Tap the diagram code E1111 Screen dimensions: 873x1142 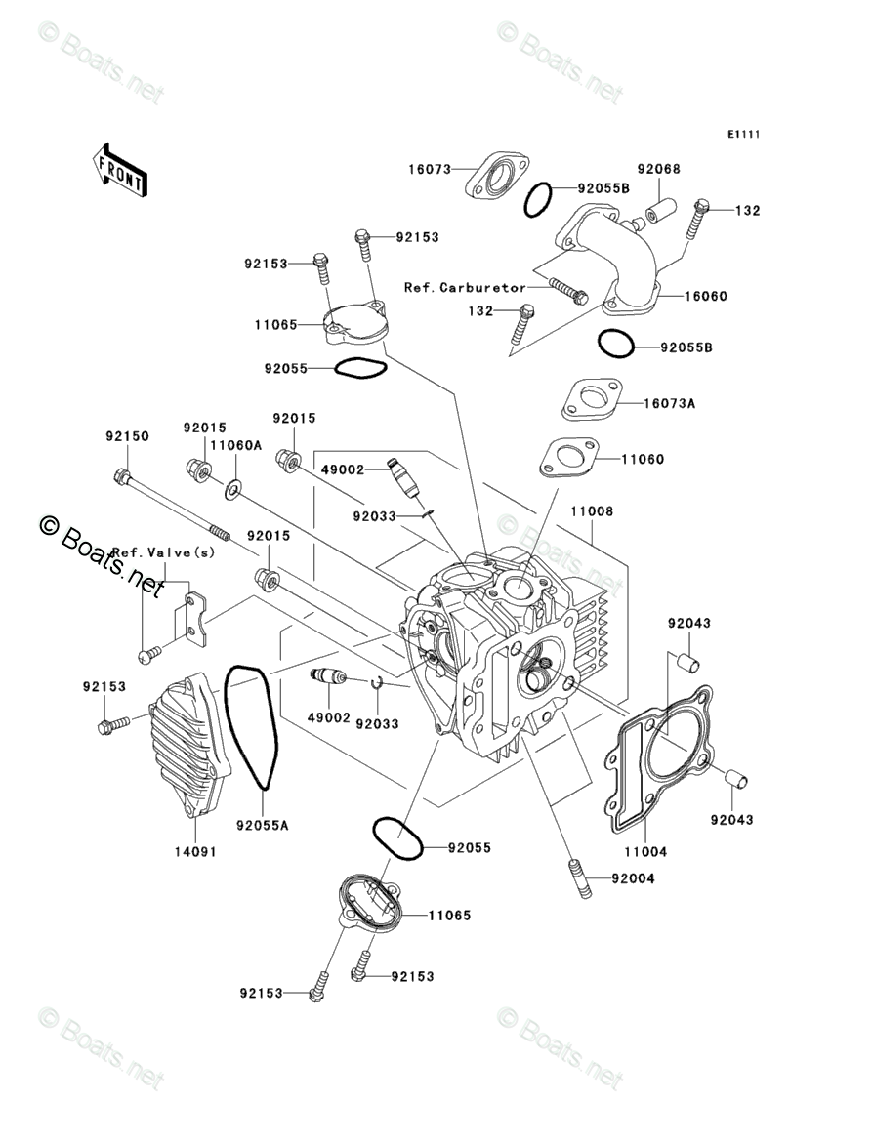click(x=743, y=134)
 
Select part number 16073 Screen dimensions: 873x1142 click(x=430, y=169)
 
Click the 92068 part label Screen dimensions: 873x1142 click(x=659, y=169)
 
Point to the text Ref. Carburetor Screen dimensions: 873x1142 click(x=465, y=288)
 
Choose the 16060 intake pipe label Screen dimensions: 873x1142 click(x=705, y=297)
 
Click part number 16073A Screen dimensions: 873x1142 click(x=669, y=403)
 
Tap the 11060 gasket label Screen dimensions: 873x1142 click(x=642, y=459)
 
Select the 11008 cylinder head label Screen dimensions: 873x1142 click(x=592, y=511)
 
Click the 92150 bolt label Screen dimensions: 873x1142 click(x=127, y=436)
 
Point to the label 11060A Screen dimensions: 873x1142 click(x=235, y=445)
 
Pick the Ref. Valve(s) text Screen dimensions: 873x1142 click(x=163, y=552)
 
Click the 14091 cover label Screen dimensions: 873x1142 click(x=194, y=851)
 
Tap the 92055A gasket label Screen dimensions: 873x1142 click(x=263, y=825)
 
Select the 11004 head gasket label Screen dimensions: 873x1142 click(x=644, y=851)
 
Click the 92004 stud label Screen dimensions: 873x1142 click(x=633, y=878)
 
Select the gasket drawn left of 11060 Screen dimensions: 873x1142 click(x=569, y=458)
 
